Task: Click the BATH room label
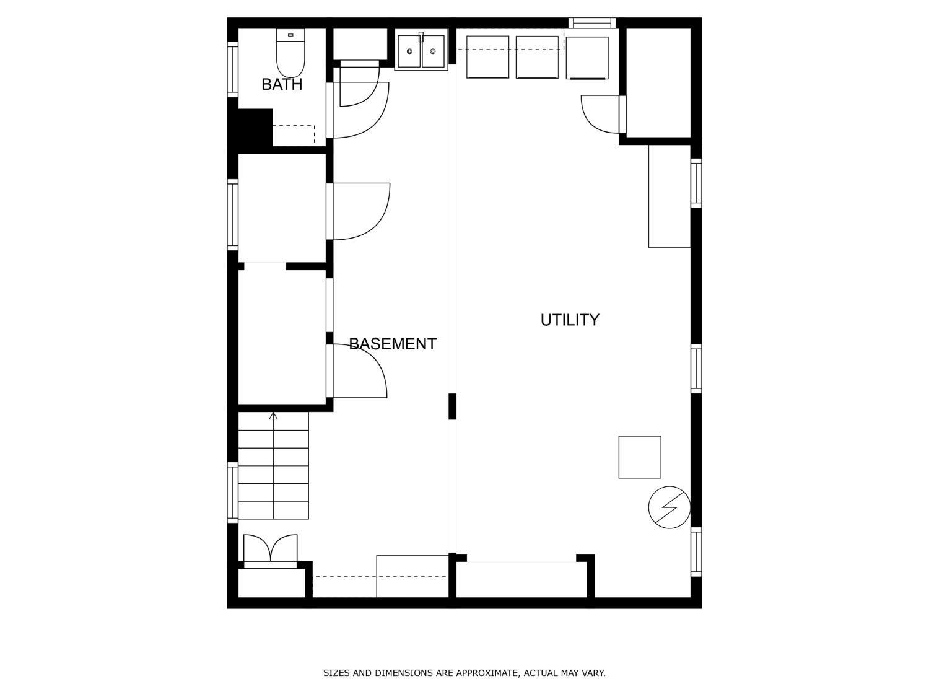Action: (282, 85)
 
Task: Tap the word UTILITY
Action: (570, 320)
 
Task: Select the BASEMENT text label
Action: (392, 344)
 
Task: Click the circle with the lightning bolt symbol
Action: (669, 507)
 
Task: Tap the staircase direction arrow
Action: (273, 465)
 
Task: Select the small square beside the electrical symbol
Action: (640, 457)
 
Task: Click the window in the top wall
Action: (591, 23)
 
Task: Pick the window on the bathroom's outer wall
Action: (233, 69)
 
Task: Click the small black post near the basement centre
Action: (453, 406)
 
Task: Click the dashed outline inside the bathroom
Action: (294, 134)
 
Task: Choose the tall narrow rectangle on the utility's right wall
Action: (669, 196)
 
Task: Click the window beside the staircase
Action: (233, 492)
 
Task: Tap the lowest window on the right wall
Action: (696, 551)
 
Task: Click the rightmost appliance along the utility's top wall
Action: (587, 58)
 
